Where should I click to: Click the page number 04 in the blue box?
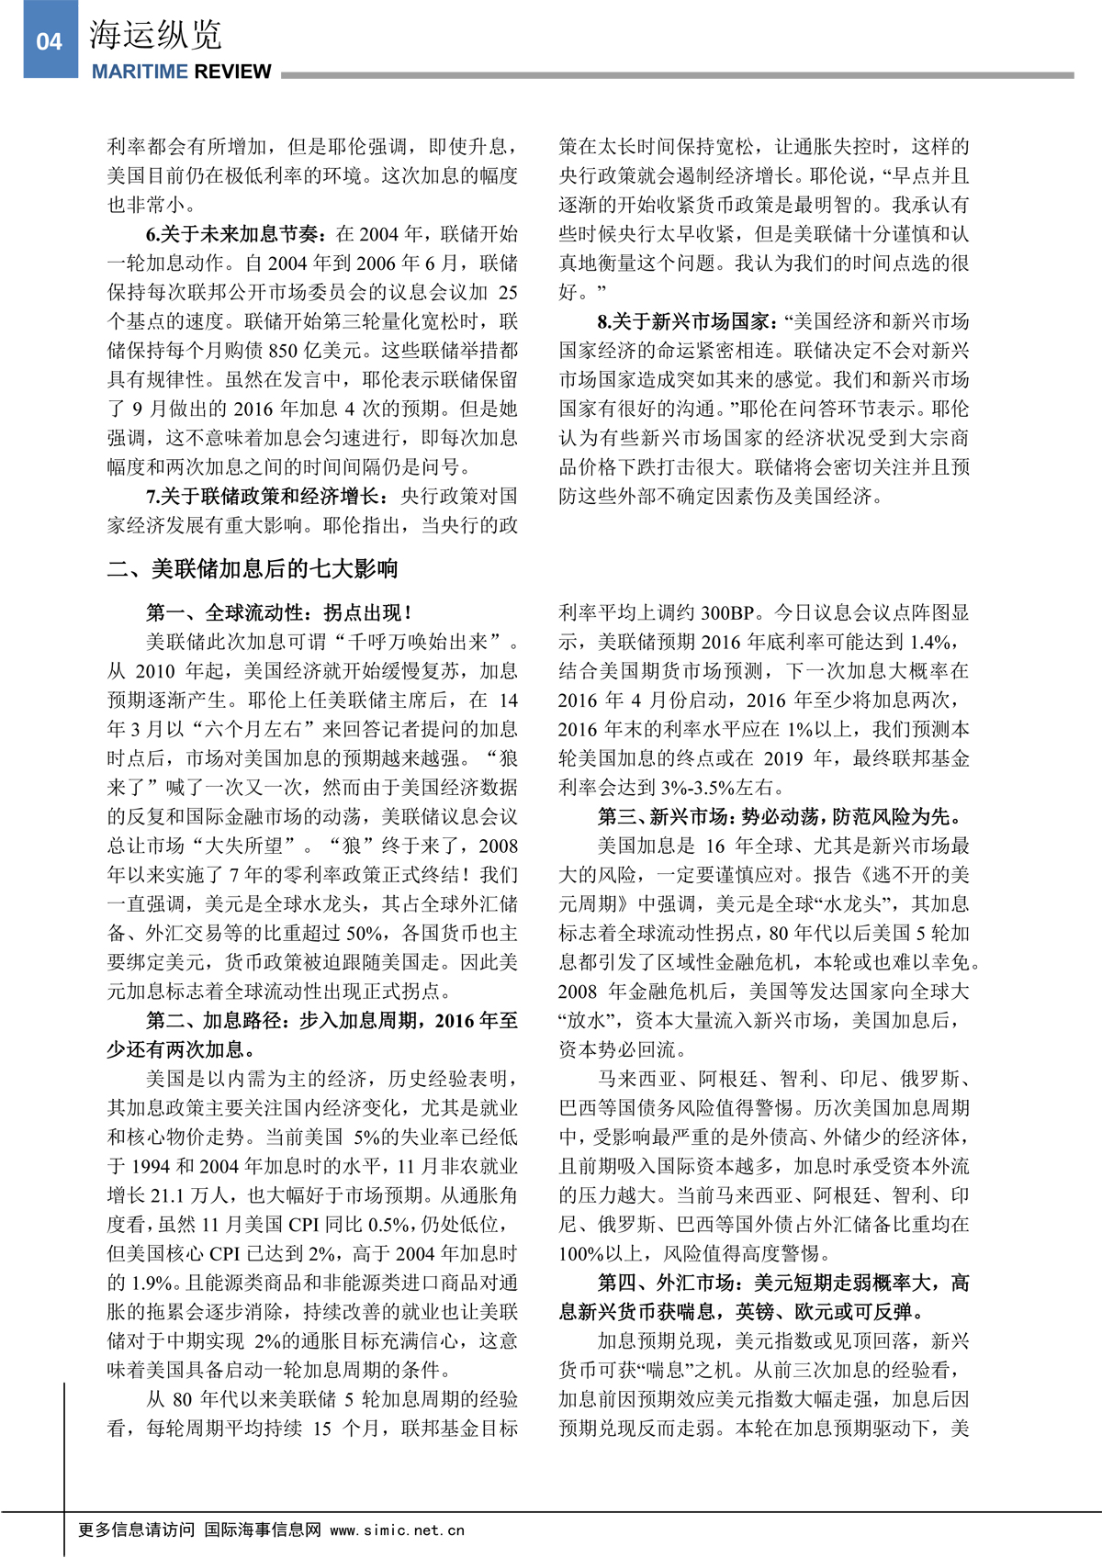49,41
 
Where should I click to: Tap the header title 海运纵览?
155,36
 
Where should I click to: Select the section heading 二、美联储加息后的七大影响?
253,568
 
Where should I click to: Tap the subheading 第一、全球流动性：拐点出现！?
279,612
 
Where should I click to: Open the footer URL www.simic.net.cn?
397,1530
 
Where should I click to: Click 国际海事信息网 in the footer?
263,1530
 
